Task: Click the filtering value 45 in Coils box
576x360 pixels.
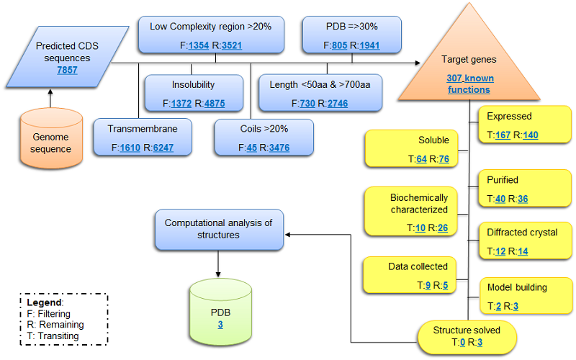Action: tap(251, 148)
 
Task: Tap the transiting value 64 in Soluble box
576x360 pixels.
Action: tap(422, 159)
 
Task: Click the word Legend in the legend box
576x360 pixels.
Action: tap(48, 303)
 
